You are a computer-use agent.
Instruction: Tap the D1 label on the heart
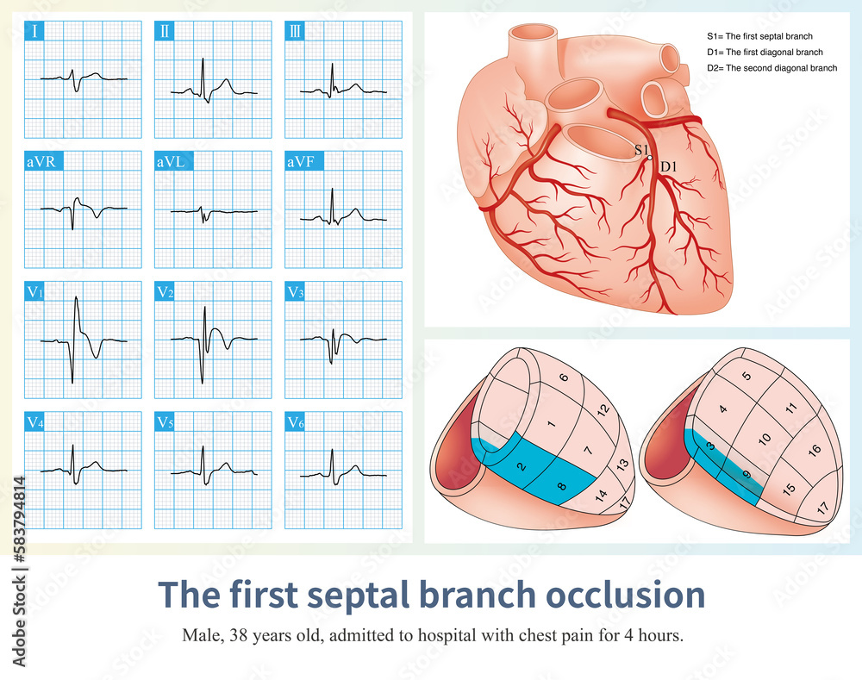point(667,165)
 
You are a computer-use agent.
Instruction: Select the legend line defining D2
point(771,67)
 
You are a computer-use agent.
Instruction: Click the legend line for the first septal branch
point(759,36)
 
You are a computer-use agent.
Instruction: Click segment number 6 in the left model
point(563,377)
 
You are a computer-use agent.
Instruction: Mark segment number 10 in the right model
point(764,440)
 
